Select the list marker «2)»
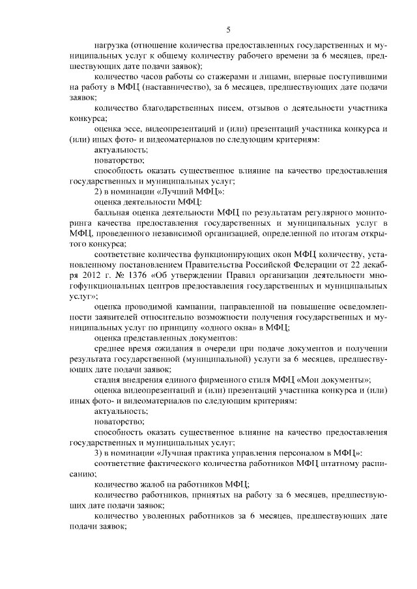pyautogui.click(x=98, y=191)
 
